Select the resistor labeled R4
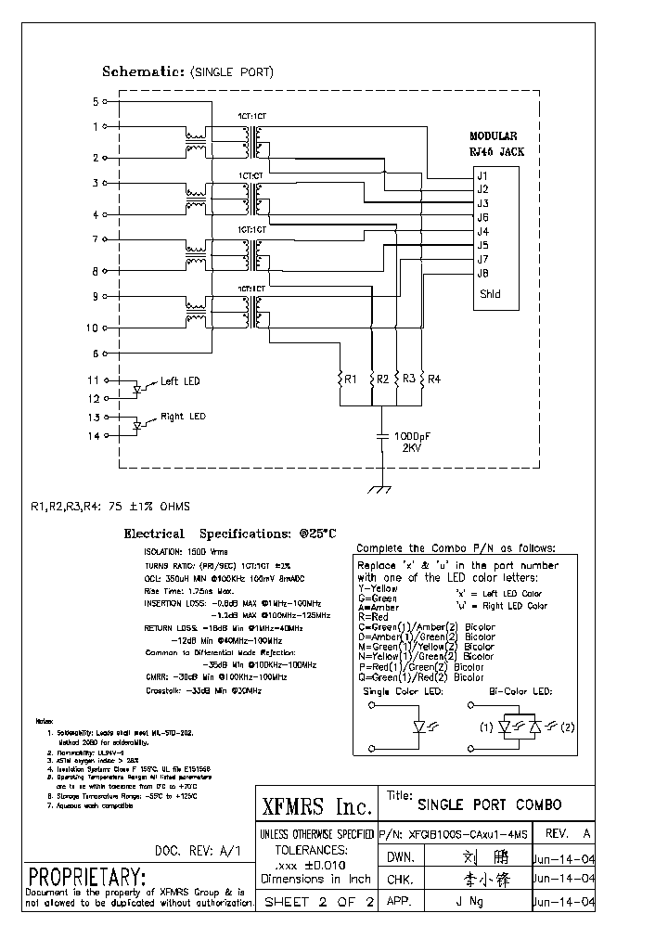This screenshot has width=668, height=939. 423,379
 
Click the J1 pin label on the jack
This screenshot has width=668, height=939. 482,175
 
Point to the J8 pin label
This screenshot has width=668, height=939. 482,273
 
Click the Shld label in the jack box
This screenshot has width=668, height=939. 489,294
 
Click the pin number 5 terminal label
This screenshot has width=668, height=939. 95,101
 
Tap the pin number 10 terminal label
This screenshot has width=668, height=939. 92,328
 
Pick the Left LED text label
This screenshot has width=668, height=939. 180,381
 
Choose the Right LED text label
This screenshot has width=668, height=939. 183,417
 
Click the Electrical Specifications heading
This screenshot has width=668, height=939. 230,534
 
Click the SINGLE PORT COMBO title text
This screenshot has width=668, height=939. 489,804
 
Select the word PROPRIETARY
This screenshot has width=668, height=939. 87,877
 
